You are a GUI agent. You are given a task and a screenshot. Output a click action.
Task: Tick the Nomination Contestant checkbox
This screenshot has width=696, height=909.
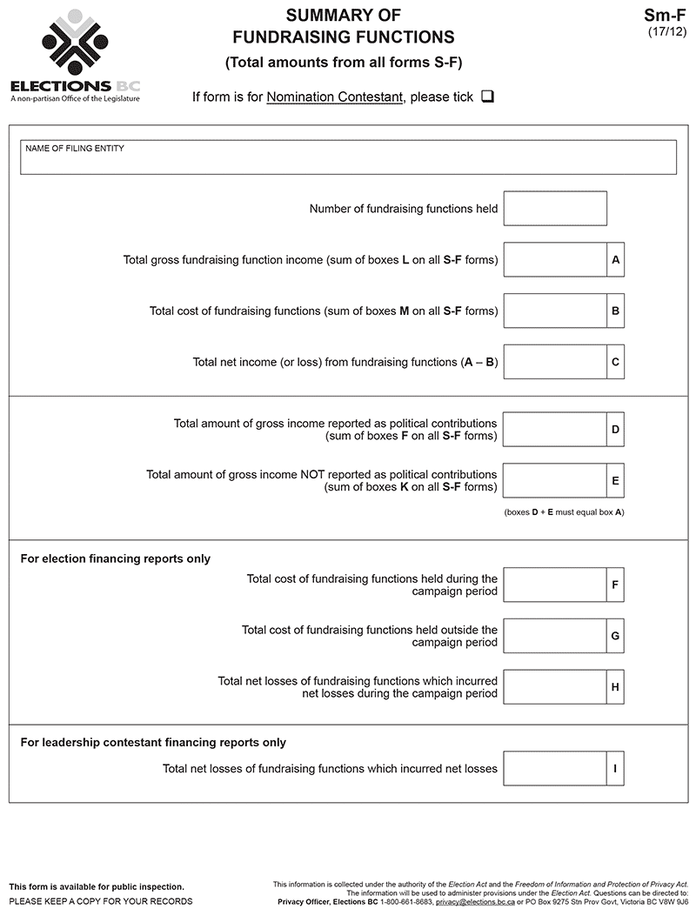point(487,97)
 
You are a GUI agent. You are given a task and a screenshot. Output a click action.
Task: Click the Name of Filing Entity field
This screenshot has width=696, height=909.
point(348,157)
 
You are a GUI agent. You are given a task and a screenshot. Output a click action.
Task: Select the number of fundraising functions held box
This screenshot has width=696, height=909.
point(555,209)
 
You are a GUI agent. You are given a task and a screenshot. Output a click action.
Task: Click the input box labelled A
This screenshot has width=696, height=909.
point(555,260)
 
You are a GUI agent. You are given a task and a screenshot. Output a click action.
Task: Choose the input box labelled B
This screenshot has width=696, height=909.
point(555,311)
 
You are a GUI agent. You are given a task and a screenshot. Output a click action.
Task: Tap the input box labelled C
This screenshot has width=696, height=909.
point(555,362)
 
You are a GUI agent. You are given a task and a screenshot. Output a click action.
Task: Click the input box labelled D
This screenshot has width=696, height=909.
point(555,430)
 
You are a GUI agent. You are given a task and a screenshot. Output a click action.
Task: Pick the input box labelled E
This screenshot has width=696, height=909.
point(555,481)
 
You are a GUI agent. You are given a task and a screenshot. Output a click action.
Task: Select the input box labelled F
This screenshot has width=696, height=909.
point(555,585)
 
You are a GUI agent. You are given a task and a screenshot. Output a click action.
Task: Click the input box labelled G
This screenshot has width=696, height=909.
point(555,636)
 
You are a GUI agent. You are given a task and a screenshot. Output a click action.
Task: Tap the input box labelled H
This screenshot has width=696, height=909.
point(555,687)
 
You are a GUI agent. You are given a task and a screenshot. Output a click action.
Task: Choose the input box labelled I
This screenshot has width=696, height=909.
point(555,769)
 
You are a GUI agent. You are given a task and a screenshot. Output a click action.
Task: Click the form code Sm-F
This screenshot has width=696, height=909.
point(665,15)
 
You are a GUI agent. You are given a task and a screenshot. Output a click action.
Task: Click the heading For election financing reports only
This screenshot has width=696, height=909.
point(116,558)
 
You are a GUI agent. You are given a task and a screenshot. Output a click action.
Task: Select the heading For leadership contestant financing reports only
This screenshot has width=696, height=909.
point(153,742)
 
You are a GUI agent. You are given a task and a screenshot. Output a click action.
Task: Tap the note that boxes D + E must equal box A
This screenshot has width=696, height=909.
point(564,512)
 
